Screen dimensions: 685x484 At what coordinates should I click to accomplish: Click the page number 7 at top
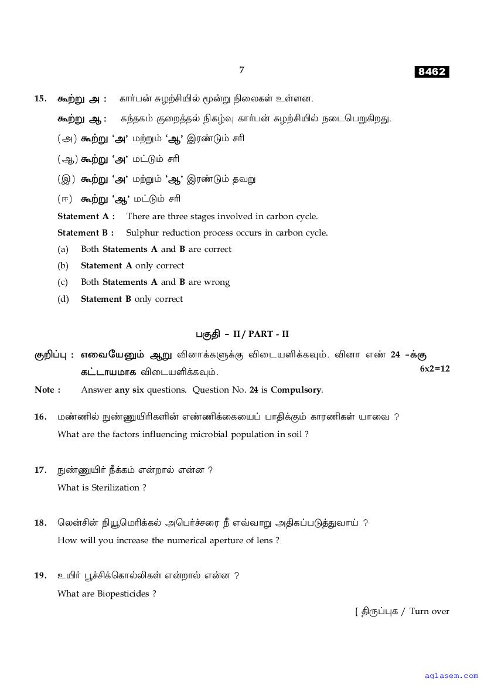[241, 70]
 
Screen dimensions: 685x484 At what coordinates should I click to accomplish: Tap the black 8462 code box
[432, 72]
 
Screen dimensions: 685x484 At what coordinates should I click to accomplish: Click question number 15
[40, 98]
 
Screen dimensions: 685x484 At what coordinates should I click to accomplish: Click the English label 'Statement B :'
[86, 233]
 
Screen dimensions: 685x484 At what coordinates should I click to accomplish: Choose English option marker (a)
[63, 249]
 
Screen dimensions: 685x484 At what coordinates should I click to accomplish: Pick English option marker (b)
[63, 265]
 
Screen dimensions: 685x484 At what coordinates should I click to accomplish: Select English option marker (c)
[63, 282]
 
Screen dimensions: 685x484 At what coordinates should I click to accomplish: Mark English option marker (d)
[63, 299]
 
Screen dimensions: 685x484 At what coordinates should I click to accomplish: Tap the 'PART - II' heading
[269, 334]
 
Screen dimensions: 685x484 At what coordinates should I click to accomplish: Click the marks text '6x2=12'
[435, 369]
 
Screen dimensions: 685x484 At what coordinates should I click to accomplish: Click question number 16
[40, 417]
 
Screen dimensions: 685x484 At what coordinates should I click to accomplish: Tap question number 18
[40, 523]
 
